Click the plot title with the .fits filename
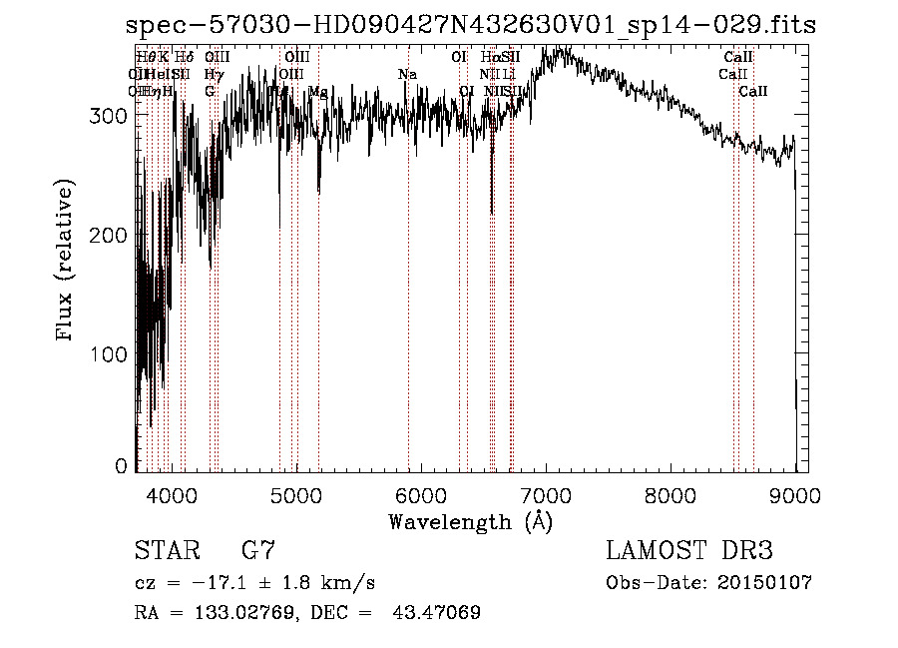471,26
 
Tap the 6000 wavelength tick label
420,495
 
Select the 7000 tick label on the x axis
545,495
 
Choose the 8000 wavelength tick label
670,495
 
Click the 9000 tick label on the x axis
794,495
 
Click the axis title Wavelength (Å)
470,521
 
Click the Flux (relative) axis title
67,262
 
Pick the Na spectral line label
407,75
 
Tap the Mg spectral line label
317,92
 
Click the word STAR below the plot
168,550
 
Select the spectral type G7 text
257,550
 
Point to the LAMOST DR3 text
689,550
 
